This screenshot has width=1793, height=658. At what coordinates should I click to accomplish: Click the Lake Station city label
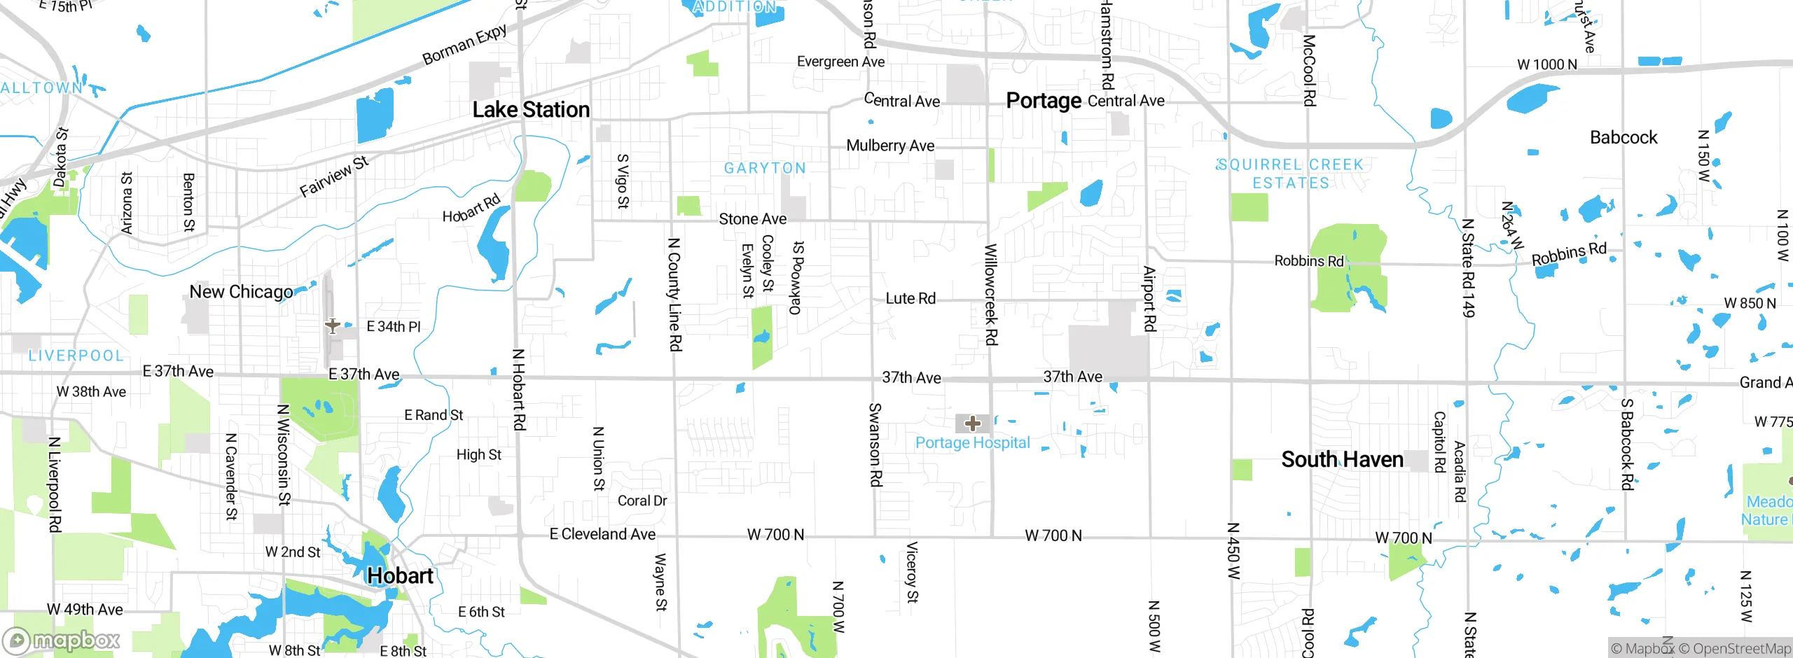[x=531, y=110]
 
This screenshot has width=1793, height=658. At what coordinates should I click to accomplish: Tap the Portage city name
[x=1044, y=101]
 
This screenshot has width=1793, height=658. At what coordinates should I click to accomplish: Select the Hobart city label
[x=400, y=575]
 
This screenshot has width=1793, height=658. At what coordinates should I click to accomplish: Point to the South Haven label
[x=1342, y=459]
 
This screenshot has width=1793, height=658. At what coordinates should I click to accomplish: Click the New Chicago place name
[x=241, y=292]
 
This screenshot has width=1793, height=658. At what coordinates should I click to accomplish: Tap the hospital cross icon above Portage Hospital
[x=972, y=423]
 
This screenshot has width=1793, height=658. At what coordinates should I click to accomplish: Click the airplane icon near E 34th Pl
[x=333, y=325]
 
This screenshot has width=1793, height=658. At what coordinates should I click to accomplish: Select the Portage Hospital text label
[x=972, y=442]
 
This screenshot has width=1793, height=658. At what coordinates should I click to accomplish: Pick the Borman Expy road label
[x=464, y=45]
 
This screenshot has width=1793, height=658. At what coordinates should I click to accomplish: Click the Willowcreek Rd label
[x=990, y=294]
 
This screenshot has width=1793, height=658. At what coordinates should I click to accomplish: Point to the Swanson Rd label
[x=875, y=444]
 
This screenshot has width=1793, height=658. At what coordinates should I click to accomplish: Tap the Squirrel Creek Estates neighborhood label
[x=1290, y=174]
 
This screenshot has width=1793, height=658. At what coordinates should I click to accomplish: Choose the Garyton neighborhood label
[x=765, y=168]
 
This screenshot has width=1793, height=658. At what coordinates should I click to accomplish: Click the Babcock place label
[x=1624, y=137]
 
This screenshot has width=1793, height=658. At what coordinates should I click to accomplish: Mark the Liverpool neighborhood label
[x=76, y=356]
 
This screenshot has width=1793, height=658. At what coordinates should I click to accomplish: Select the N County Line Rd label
[x=674, y=294]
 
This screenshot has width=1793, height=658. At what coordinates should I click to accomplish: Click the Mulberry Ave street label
[x=890, y=146]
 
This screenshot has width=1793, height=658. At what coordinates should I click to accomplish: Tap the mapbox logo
[x=62, y=640]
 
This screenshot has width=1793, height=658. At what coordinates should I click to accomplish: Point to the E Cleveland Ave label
[x=602, y=534]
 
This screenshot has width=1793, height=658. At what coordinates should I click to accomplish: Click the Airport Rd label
[x=1149, y=298]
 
